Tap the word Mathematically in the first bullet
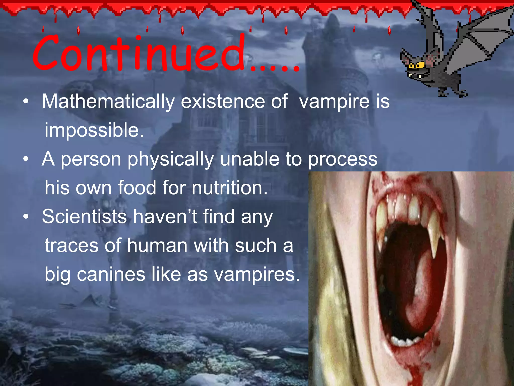point(108,102)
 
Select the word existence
point(223,102)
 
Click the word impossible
point(94,131)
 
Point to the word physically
point(171,160)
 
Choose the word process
point(343,160)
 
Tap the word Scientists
point(84,217)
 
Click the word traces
point(71,246)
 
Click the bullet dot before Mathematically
point(26,102)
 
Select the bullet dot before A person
point(26,159)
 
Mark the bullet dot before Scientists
point(26,217)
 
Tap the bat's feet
point(452,93)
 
